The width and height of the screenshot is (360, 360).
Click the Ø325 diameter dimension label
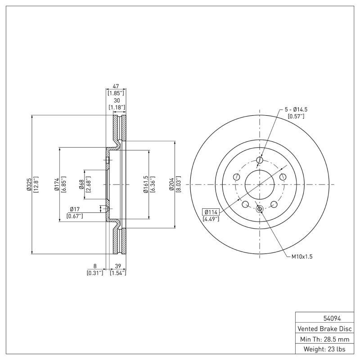pos(29,184)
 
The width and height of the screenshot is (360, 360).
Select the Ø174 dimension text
pos(57,184)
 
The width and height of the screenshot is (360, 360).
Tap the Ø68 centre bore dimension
pos(81,184)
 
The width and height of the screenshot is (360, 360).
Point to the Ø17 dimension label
pos(75,209)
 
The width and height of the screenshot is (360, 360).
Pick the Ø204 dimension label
pos(171,184)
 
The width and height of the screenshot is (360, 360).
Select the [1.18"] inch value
pos(117,107)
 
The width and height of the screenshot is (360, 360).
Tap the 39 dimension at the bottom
pos(118,266)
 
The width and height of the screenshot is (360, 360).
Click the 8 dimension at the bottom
pos(95,266)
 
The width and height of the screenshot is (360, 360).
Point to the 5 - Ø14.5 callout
pos(296,109)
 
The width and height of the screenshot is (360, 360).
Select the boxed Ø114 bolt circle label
pos(211,212)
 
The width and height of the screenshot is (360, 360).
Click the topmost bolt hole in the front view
pos(259,160)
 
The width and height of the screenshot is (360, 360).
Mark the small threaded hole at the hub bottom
pos(259,209)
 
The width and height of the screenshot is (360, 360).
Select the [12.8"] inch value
pos(36,184)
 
